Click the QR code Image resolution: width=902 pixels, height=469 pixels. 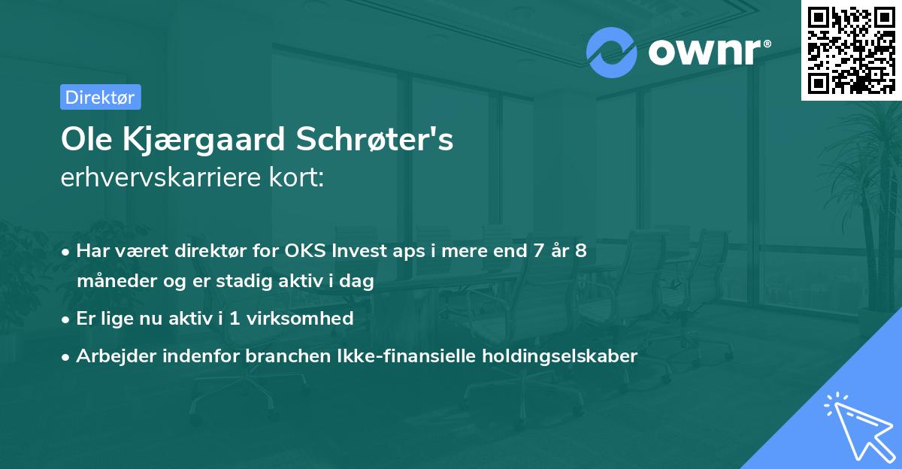[851, 50]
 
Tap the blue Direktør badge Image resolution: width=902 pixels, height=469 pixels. [100, 97]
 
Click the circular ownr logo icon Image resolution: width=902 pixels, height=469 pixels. [612, 52]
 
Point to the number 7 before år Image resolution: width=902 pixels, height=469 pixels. [537, 250]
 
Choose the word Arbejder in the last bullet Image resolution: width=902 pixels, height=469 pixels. [111, 356]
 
